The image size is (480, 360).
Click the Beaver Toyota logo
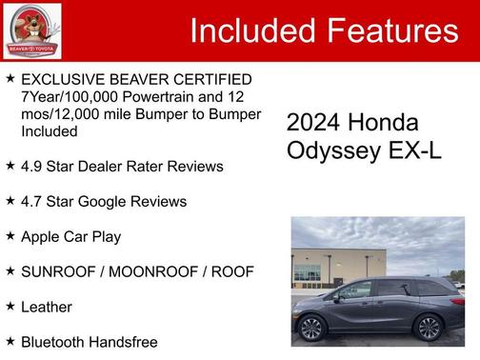[33, 30]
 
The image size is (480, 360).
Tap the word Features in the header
[392, 31]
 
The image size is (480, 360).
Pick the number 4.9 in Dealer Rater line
[32, 166]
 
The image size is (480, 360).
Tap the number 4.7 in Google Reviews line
[32, 201]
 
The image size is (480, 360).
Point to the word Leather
[47, 307]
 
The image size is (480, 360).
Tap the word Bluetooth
[54, 342]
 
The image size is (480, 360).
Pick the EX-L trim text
[411, 150]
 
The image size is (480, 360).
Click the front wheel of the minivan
[311, 329]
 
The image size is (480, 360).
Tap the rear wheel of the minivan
[429, 328]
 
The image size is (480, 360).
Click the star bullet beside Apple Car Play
[10, 235]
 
